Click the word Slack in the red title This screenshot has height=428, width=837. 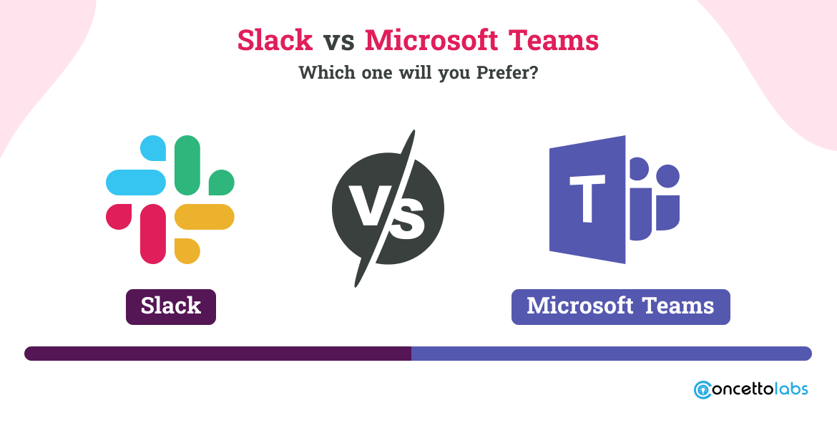275,40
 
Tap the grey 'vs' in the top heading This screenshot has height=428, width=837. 339,41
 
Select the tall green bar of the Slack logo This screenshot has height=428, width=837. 187,165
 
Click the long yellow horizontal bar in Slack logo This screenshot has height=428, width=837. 205,217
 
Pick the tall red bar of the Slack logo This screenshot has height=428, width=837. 153,234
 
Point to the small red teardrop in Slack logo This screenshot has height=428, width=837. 119,217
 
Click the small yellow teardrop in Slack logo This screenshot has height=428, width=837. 187,251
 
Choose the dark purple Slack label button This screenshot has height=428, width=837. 171,307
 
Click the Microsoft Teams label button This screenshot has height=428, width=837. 620,307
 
